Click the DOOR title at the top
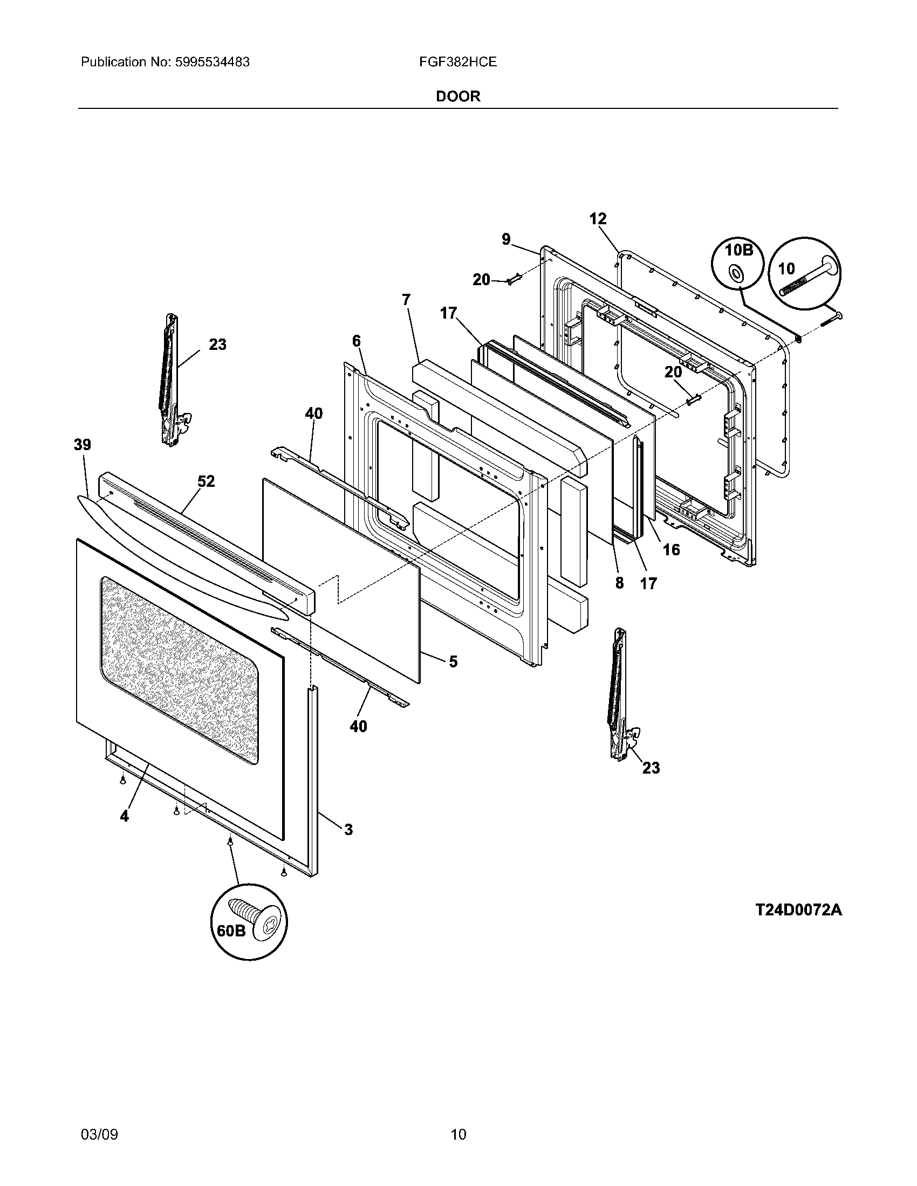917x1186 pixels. coord(458,96)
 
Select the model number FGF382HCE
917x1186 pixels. coord(457,62)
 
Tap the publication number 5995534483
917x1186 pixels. coord(213,62)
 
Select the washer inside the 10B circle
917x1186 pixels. coord(736,272)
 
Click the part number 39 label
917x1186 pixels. coord(83,445)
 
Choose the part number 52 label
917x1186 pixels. coord(206,480)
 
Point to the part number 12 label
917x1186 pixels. coord(598,219)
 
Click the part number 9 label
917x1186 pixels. coord(506,239)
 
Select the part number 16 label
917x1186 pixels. coord(672,550)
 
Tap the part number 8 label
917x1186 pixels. coord(619,583)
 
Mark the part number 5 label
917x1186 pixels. coord(453,661)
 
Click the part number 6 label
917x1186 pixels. coord(356,341)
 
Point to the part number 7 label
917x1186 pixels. coord(406,299)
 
